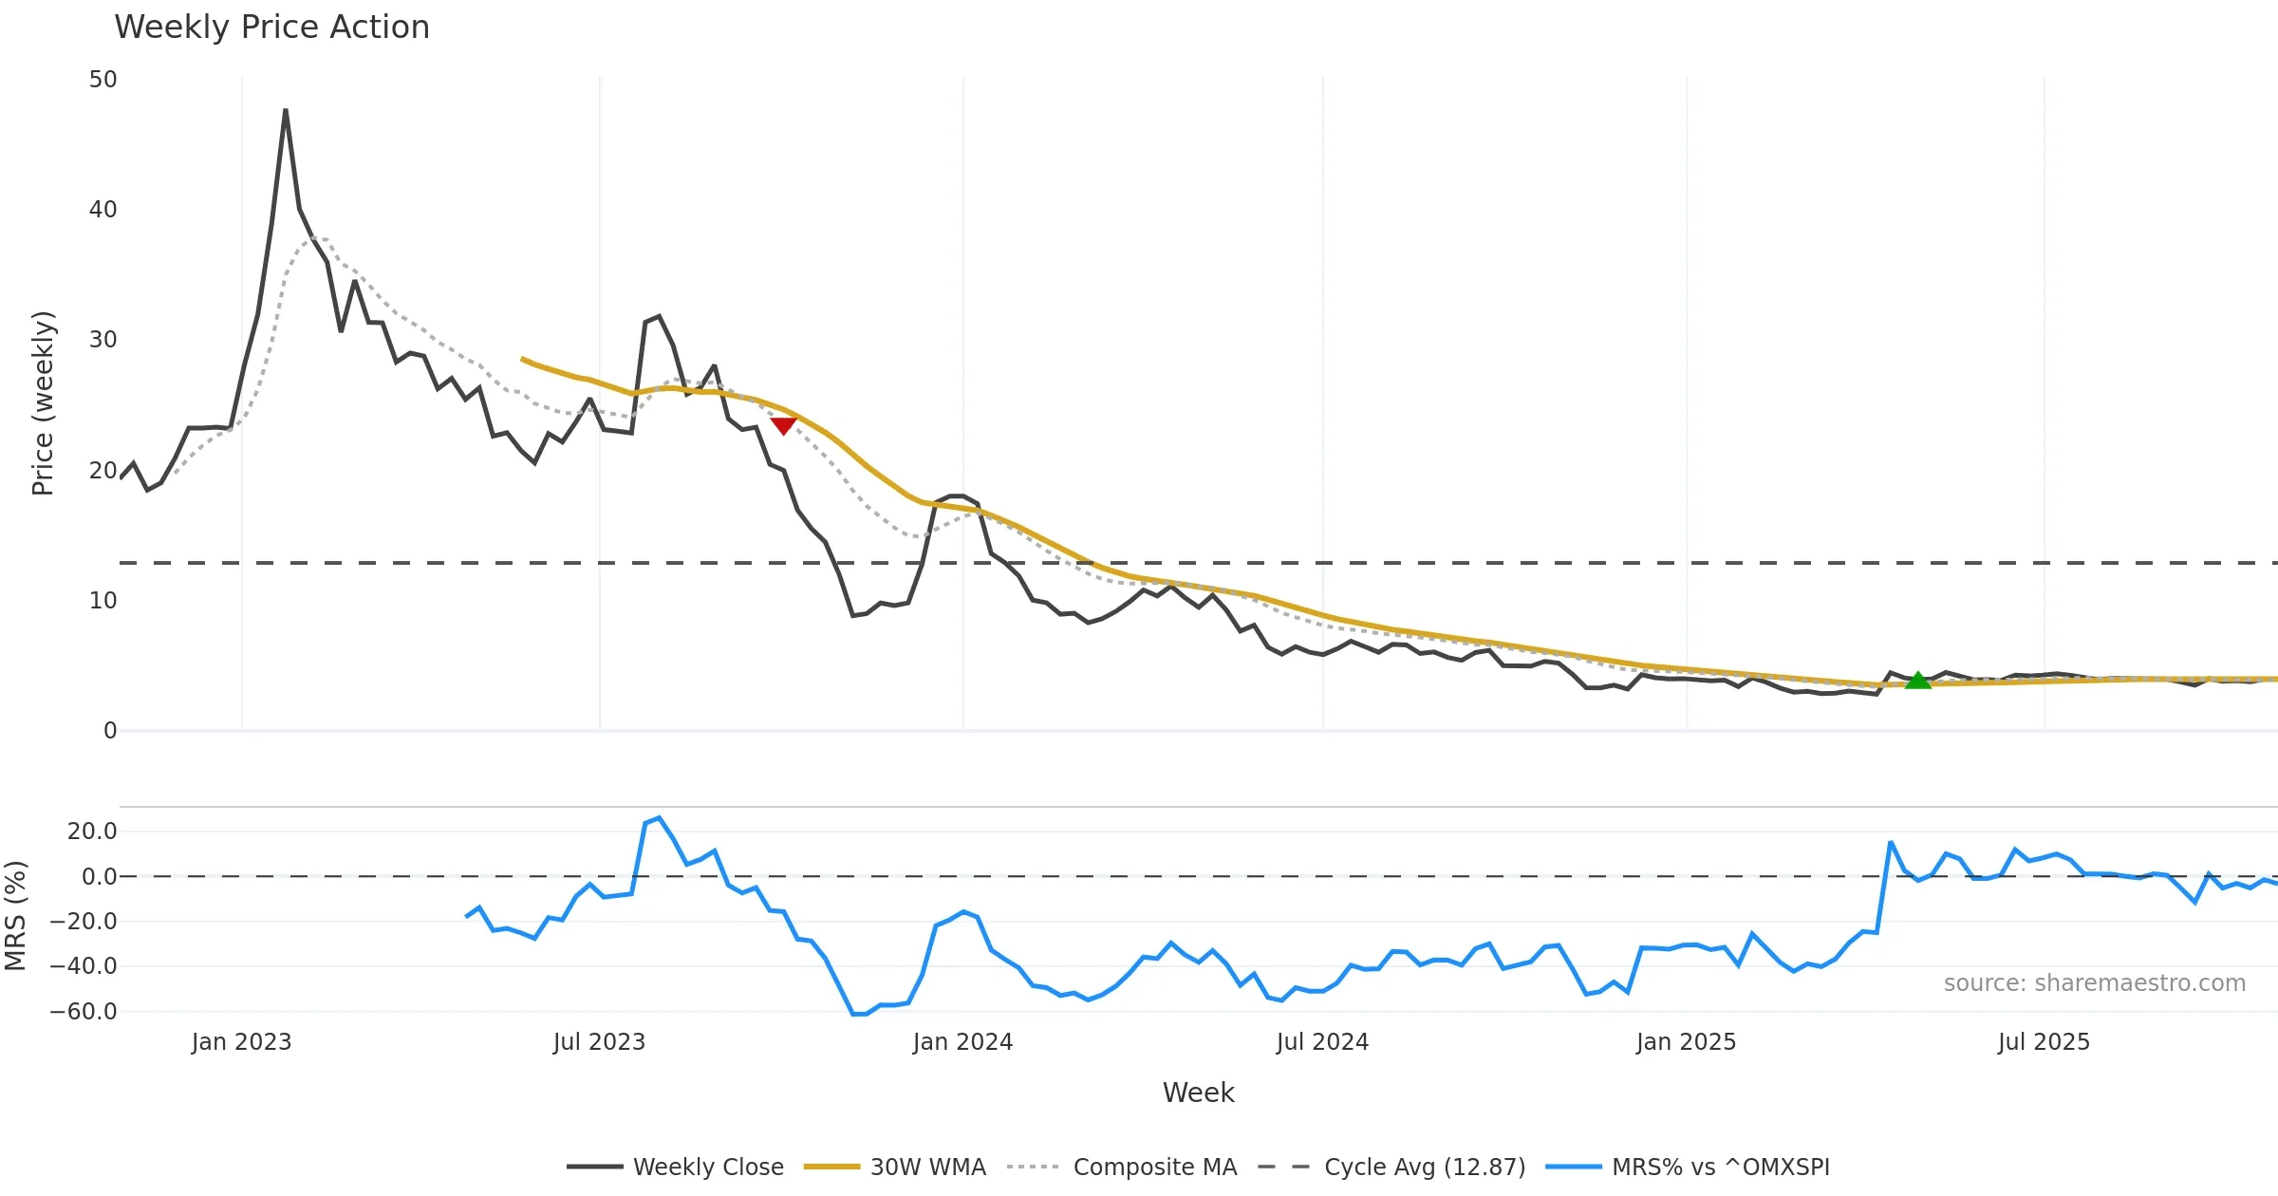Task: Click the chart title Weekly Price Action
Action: coord(271,28)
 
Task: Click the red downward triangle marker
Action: coord(783,425)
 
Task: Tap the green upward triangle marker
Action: coord(1918,680)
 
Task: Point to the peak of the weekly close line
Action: coord(286,111)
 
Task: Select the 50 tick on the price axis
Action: coord(103,80)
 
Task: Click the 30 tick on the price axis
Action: coord(103,340)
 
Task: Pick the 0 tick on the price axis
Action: coord(110,731)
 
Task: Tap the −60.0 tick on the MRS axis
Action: coord(84,1012)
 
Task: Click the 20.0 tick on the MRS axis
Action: coord(92,832)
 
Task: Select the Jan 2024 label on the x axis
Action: coord(962,1042)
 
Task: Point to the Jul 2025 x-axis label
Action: coord(2044,1042)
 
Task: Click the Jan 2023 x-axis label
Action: coord(241,1042)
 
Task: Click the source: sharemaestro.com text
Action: coord(2094,983)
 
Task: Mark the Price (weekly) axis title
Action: coord(44,403)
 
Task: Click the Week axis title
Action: coord(1198,1093)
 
